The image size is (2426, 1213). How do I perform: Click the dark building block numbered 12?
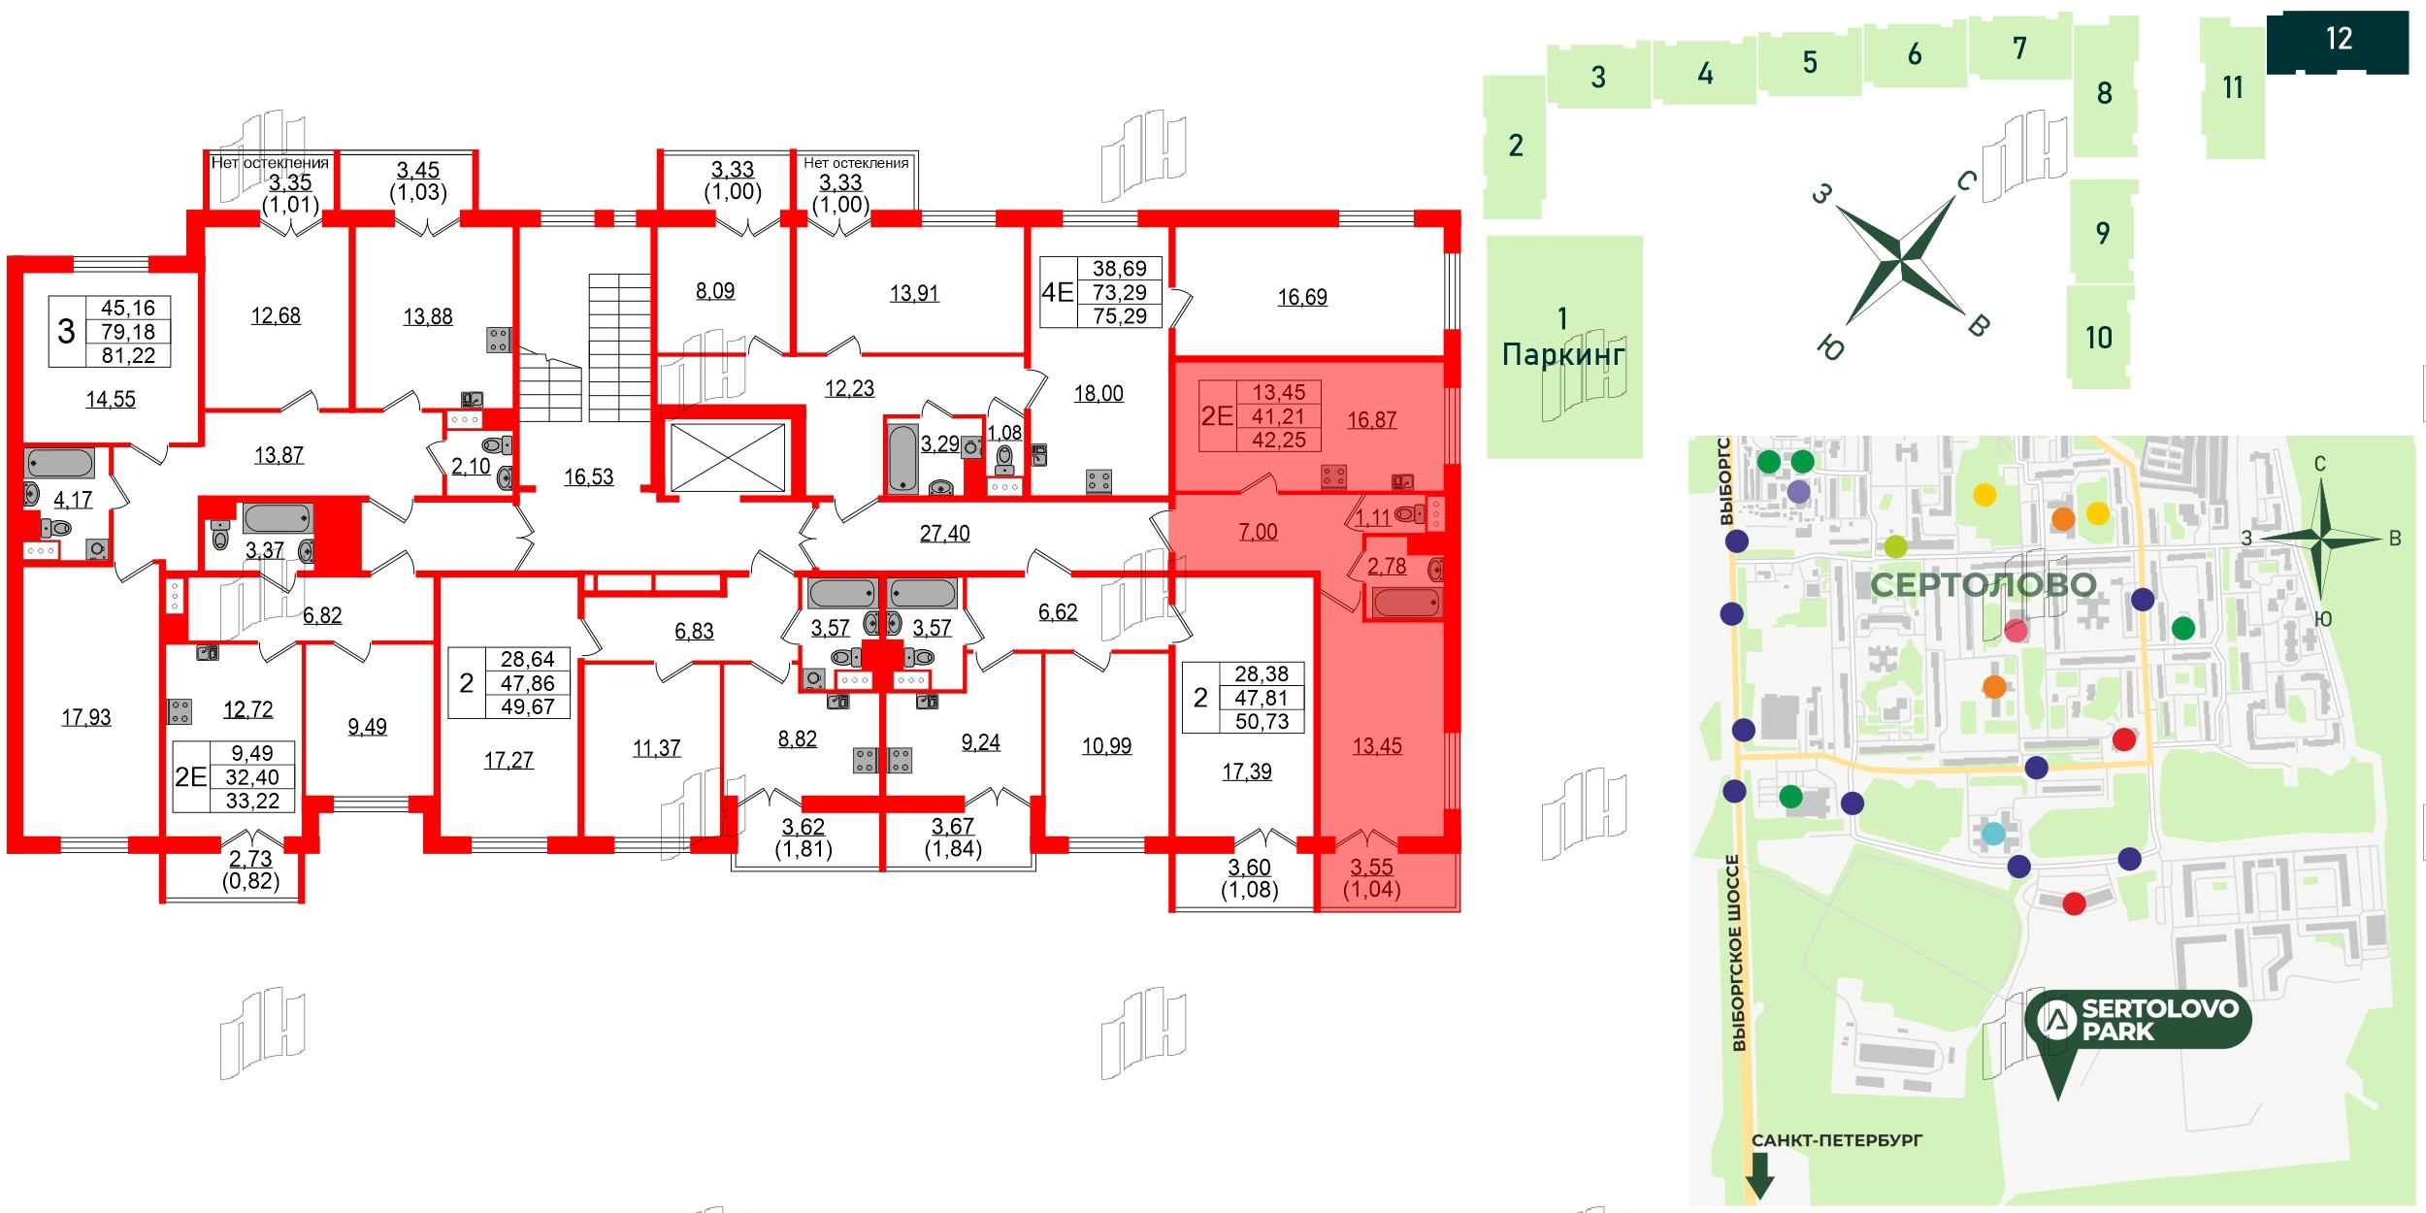[x=2337, y=41]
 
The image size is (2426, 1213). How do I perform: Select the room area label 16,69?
[x=1301, y=297]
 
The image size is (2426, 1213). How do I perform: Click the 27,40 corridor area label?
[x=944, y=533]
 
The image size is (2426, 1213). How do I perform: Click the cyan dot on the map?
[x=1993, y=834]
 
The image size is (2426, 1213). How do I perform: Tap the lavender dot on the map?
[x=1798, y=492]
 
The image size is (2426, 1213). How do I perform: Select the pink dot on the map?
[x=2016, y=631]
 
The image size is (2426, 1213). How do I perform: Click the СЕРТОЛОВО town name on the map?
[x=1983, y=585]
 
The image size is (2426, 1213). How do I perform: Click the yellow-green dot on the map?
[x=1895, y=546]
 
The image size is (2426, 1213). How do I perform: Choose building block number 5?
[x=1810, y=63]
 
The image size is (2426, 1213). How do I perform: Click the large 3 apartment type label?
[x=66, y=332]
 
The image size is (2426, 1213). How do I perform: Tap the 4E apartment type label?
[x=1057, y=292]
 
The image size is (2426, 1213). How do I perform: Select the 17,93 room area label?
[x=86, y=717]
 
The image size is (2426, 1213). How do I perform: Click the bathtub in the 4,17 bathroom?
[x=60, y=464]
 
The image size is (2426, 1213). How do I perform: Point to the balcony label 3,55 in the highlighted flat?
[x=1371, y=867]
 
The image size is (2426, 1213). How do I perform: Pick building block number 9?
[x=2102, y=233]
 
